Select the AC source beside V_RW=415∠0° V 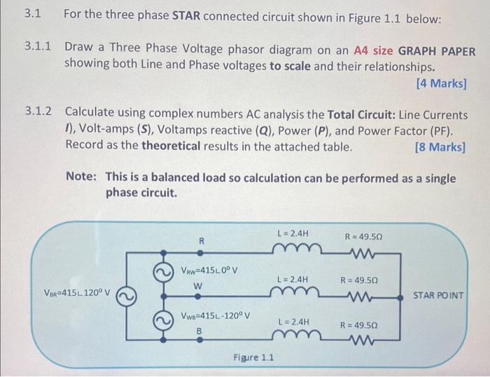tap(162, 270)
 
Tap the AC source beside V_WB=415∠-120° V tap(162, 320)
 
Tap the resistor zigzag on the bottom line tap(367, 343)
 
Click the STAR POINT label tap(438, 295)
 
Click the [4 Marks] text tap(440, 83)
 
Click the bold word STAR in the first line tap(186, 15)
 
